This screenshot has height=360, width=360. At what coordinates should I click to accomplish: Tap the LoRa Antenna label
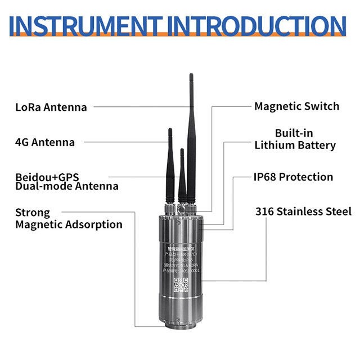(51, 107)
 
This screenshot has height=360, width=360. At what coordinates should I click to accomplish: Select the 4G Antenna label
(45, 142)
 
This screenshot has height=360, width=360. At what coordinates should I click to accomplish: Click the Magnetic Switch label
(296, 106)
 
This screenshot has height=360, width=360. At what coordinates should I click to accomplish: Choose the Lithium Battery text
(295, 145)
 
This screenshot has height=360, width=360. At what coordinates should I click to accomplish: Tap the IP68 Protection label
(292, 177)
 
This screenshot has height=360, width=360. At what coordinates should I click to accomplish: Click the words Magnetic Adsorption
(69, 224)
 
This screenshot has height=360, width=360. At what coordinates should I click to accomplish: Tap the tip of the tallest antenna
(191, 75)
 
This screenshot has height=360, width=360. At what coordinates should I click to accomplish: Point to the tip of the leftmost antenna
(169, 130)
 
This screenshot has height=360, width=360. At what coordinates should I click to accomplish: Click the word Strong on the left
(33, 213)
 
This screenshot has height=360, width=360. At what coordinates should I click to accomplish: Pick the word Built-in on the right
(294, 133)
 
